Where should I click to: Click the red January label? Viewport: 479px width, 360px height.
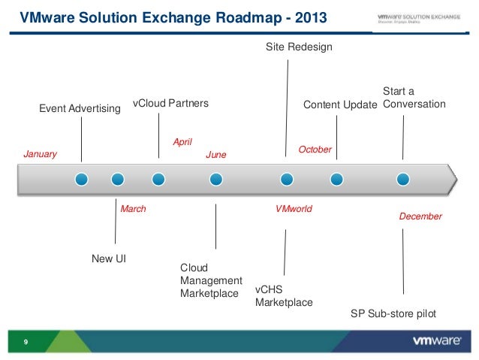click(x=41, y=154)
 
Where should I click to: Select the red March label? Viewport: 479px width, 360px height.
click(x=133, y=209)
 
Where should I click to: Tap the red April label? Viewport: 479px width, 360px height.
click(x=182, y=141)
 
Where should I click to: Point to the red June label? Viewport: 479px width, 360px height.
click(x=215, y=155)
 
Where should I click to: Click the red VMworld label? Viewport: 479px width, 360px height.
click(x=294, y=209)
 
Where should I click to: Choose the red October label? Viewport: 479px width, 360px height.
click(x=315, y=150)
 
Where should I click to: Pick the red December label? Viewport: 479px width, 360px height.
click(x=420, y=216)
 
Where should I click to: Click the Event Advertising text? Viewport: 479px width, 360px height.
click(x=80, y=109)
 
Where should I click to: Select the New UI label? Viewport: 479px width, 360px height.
click(x=108, y=259)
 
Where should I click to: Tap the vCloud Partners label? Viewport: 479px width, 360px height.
click(x=170, y=103)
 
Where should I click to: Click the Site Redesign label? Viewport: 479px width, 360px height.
click(x=299, y=47)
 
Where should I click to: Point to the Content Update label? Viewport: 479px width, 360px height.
click(x=339, y=105)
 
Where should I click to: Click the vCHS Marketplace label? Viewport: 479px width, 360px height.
click(x=284, y=295)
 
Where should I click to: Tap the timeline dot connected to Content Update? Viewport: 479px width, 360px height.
click(x=336, y=179)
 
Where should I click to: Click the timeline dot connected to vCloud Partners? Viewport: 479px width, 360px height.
click(x=158, y=179)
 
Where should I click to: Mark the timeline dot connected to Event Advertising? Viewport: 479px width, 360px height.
click(x=82, y=179)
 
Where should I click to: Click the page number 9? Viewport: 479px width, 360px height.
click(x=26, y=343)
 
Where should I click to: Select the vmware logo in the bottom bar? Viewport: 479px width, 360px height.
click(x=436, y=340)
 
